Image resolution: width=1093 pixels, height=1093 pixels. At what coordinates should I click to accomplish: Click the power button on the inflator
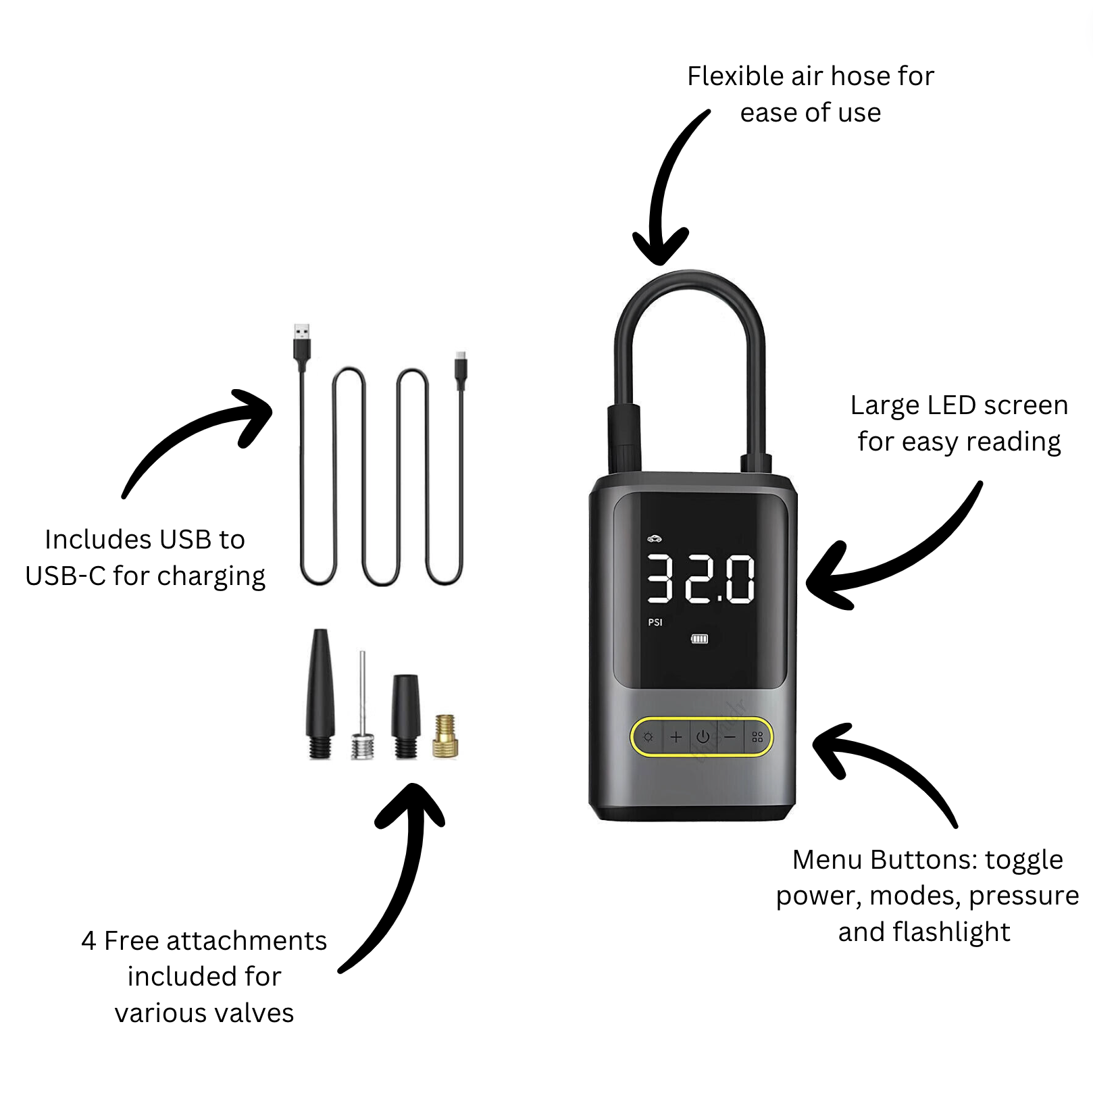pyautogui.click(x=703, y=737)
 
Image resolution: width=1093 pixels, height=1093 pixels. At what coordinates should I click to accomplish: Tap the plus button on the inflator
pyautogui.click(x=676, y=737)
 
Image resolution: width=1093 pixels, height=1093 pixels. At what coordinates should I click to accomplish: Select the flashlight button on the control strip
pyautogui.click(x=649, y=737)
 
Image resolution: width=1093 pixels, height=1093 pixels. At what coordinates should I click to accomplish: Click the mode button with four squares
pyautogui.click(x=757, y=737)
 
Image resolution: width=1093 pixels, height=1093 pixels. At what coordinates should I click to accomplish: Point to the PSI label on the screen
pyautogui.click(x=655, y=622)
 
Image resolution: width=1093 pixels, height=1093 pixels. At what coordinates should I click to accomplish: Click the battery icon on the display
pyautogui.click(x=699, y=638)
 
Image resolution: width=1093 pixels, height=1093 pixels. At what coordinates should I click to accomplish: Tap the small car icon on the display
pyautogui.click(x=654, y=538)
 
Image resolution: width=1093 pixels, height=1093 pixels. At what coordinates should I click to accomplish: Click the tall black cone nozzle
pyautogui.click(x=320, y=692)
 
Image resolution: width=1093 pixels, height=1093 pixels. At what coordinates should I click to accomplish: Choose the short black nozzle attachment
pyautogui.click(x=405, y=715)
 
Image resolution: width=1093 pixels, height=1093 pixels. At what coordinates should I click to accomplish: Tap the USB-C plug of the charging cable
pyautogui.click(x=461, y=368)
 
